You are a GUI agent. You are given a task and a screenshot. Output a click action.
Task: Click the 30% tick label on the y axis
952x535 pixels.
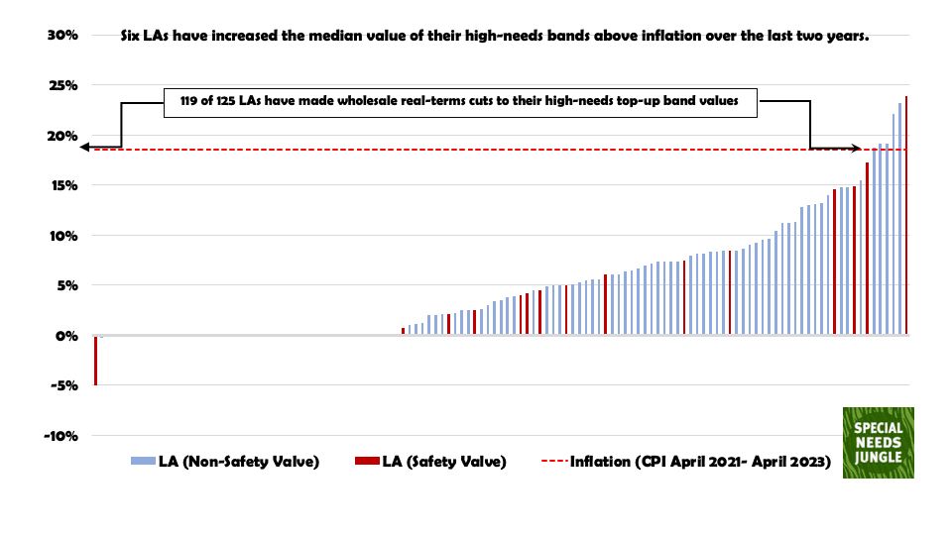pos(58,36)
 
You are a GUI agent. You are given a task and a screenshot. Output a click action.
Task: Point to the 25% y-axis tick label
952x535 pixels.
pos(58,85)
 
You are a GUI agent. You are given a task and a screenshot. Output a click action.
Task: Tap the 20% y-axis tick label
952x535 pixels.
pos(58,136)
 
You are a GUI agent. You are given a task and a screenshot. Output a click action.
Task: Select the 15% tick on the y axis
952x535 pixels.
pos(58,185)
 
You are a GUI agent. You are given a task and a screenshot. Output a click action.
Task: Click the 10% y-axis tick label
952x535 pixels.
pos(58,236)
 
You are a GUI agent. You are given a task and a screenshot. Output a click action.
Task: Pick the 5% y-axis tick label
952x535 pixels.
pos(61,285)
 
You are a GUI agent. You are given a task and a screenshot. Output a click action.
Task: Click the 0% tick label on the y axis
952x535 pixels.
pos(61,336)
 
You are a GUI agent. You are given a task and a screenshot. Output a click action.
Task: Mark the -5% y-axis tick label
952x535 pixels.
pos(59,385)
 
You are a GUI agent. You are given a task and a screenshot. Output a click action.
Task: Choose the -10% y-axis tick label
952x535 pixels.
pos(56,436)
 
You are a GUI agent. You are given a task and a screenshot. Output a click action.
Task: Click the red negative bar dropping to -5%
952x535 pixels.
pos(95,361)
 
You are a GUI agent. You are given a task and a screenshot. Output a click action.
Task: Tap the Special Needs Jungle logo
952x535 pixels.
pos(878,443)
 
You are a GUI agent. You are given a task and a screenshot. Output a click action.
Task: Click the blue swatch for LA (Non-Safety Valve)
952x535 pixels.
pos(142,462)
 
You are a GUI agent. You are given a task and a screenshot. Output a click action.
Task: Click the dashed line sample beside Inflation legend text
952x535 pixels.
pos(553,462)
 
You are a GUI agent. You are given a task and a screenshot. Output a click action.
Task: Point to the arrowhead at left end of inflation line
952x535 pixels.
pos(86,148)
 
